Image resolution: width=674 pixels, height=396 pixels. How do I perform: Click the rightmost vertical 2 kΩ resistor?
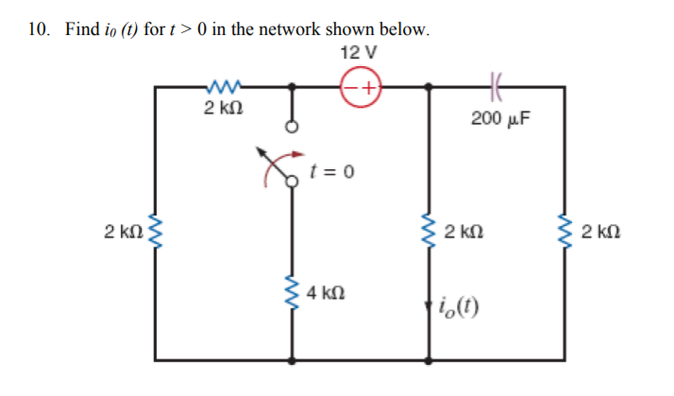point(565,232)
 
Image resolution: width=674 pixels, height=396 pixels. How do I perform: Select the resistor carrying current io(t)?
point(430,232)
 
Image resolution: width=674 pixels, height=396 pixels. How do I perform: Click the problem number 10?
point(37,28)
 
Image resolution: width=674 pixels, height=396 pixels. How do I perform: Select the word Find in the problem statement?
point(80,28)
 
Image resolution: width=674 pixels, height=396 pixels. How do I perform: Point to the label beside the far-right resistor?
point(600,232)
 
